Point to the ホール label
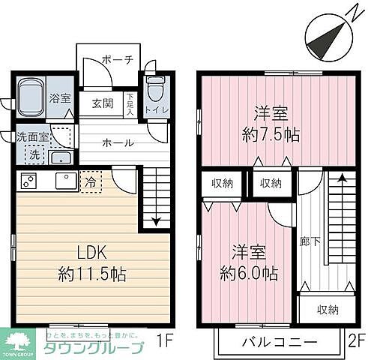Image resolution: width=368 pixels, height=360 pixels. point(118,142)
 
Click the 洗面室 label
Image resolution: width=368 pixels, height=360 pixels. point(34,137)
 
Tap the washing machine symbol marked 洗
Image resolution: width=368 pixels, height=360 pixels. point(34,154)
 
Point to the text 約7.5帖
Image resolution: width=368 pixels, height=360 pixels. point(271,135)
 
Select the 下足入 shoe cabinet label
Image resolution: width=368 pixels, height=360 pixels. point(130,105)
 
